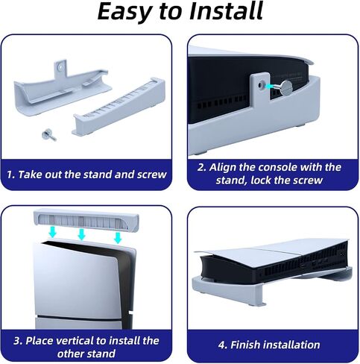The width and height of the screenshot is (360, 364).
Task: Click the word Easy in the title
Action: pyautogui.click(x=124, y=12)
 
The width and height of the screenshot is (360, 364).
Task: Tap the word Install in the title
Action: pyautogui.click(x=226, y=11)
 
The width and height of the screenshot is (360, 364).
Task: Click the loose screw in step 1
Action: pyautogui.click(x=49, y=134)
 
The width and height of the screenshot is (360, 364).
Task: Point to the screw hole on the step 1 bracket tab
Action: pyautogui.click(x=60, y=66)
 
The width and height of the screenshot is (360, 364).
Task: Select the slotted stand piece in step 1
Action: pyautogui.click(x=119, y=106)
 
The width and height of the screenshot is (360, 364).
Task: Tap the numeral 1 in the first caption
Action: pyautogui.click(x=10, y=175)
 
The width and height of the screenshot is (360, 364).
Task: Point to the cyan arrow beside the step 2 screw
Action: pyautogui.click(x=271, y=86)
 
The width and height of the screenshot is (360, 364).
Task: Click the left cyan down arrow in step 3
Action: pyautogui.click(x=52, y=232)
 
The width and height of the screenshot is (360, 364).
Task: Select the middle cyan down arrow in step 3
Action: pyautogui.click(x=81, y=234)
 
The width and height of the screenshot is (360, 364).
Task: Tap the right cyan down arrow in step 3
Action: pyautogui.click(x=118, y=237)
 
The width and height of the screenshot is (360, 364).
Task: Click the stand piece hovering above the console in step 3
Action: pyautogui.click(x=86, y=220)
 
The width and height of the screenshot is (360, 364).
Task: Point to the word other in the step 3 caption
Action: pyautogui.click(x=72, y=354)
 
